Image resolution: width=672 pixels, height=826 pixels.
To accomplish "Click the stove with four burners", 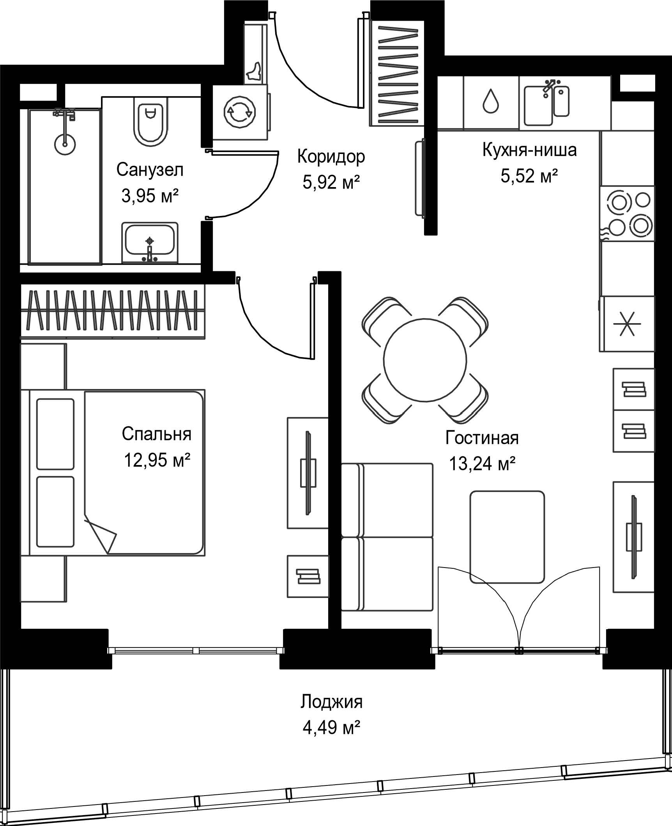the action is click(628, 213).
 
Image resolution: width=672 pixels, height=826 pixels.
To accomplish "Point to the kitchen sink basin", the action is click(538, 106).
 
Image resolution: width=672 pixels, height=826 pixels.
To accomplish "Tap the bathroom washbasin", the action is click(150, 242).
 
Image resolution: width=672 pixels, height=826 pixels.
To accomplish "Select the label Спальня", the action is click(157, 434).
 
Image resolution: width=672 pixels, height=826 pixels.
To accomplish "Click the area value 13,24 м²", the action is click(483, 464).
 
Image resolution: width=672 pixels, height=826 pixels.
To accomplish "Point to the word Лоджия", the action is click(331, 702).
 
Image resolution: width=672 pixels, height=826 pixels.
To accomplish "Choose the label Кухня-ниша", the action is click(529, 150).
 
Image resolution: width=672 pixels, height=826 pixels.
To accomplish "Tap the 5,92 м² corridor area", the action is click(331, 182).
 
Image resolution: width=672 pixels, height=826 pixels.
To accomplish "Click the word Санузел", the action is click(150, 170).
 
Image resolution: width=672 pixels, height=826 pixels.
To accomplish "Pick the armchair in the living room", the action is click(507, 537).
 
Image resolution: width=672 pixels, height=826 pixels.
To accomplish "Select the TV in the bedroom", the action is click(308, 473).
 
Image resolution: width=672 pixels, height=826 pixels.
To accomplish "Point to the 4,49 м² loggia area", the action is click(331, 728).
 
